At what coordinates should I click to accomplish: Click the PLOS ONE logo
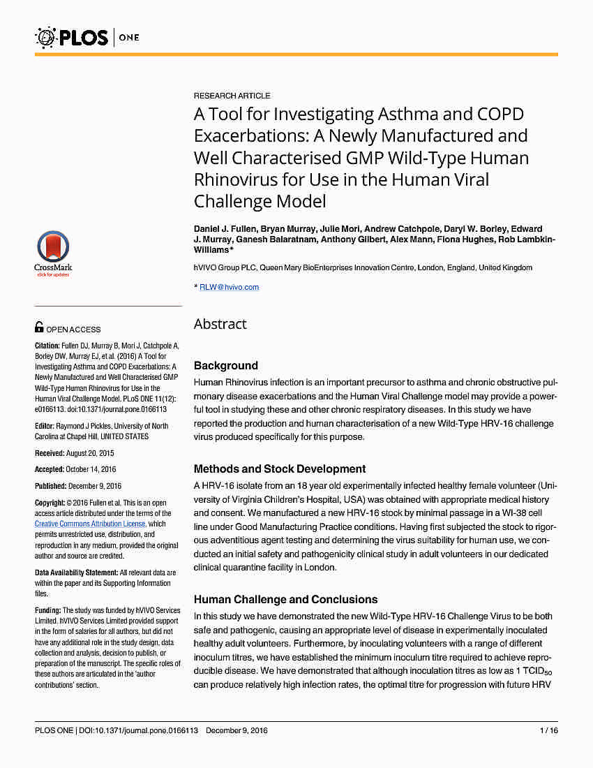(87, 36)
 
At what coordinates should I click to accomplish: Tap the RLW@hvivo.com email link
(229, 287)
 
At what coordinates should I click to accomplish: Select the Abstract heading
(220, 324)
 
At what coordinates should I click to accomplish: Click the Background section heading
(225, 365)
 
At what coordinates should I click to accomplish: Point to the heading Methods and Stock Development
(279, 468)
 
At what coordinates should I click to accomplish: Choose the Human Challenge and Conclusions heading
(285, 599)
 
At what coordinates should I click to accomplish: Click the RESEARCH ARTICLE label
(232, 96)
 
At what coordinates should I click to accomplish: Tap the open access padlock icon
(39, 327)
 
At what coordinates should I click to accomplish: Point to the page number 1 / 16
(549, 731)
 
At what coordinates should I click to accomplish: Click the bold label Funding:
(48, 610)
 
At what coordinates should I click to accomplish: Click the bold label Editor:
(45, 426)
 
